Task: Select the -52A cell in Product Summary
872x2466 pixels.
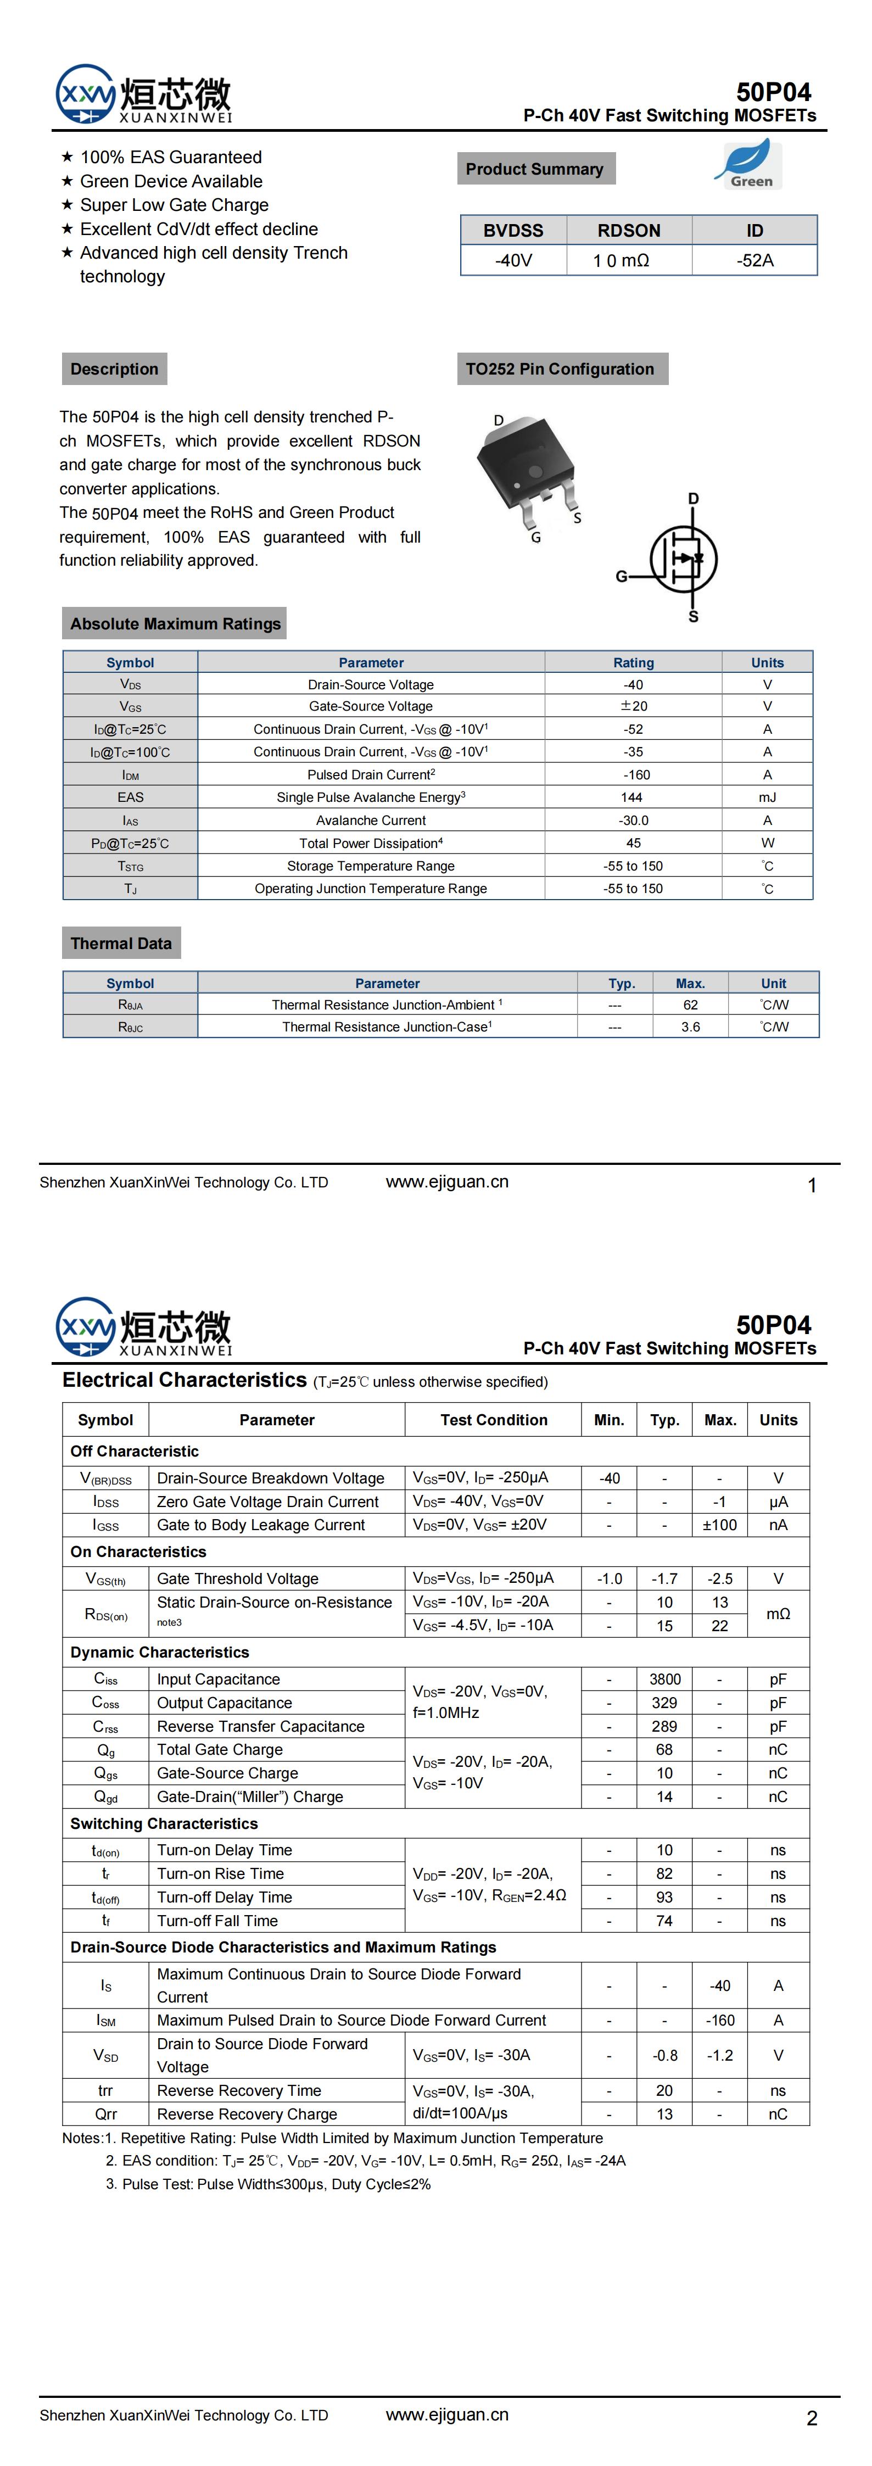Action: pyautogui.click(x=754, y=260)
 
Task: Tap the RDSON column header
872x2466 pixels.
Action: pyautogui.click(x=629, y=231)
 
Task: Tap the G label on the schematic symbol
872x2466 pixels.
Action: pyautogui.click(x=621, y=576)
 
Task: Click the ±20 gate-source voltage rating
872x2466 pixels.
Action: pyautogui.click(x=633, y=706)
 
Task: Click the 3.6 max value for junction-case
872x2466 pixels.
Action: pyautogui.click(x=690, y=1027)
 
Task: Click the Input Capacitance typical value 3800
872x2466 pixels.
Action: pyautogui.click(x=664, y=1679)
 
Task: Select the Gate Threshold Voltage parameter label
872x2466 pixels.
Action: pyautogui.click(x=237, y=1578)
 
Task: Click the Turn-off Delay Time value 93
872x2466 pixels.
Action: pyautogui.click(x=664, y=1898)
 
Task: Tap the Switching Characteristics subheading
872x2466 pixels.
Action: pyautogui.click(x=164, y=1823)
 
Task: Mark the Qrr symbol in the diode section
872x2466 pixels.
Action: pyautogui.click(x=105, y=2114)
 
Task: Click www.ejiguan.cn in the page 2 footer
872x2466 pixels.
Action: pyautogui.click(x=447, y=2414)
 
